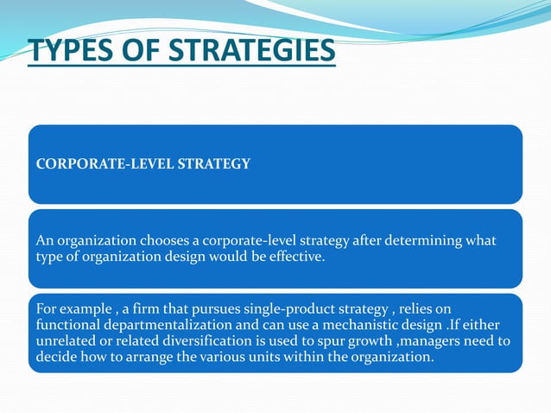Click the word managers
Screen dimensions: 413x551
[456, 340]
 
